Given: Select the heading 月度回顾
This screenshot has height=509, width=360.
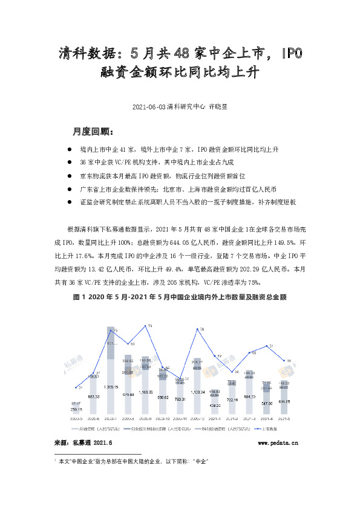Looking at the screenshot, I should (91, 132).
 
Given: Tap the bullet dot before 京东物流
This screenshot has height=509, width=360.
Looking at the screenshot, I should (71, 176).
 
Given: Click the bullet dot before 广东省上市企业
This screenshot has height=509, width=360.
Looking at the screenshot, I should (71, 189).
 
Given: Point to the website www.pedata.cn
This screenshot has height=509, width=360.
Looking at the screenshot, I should (278, 443).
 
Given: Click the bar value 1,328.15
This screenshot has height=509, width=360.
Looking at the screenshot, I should (111, 386).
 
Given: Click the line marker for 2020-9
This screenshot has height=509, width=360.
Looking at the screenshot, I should (146, 327).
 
